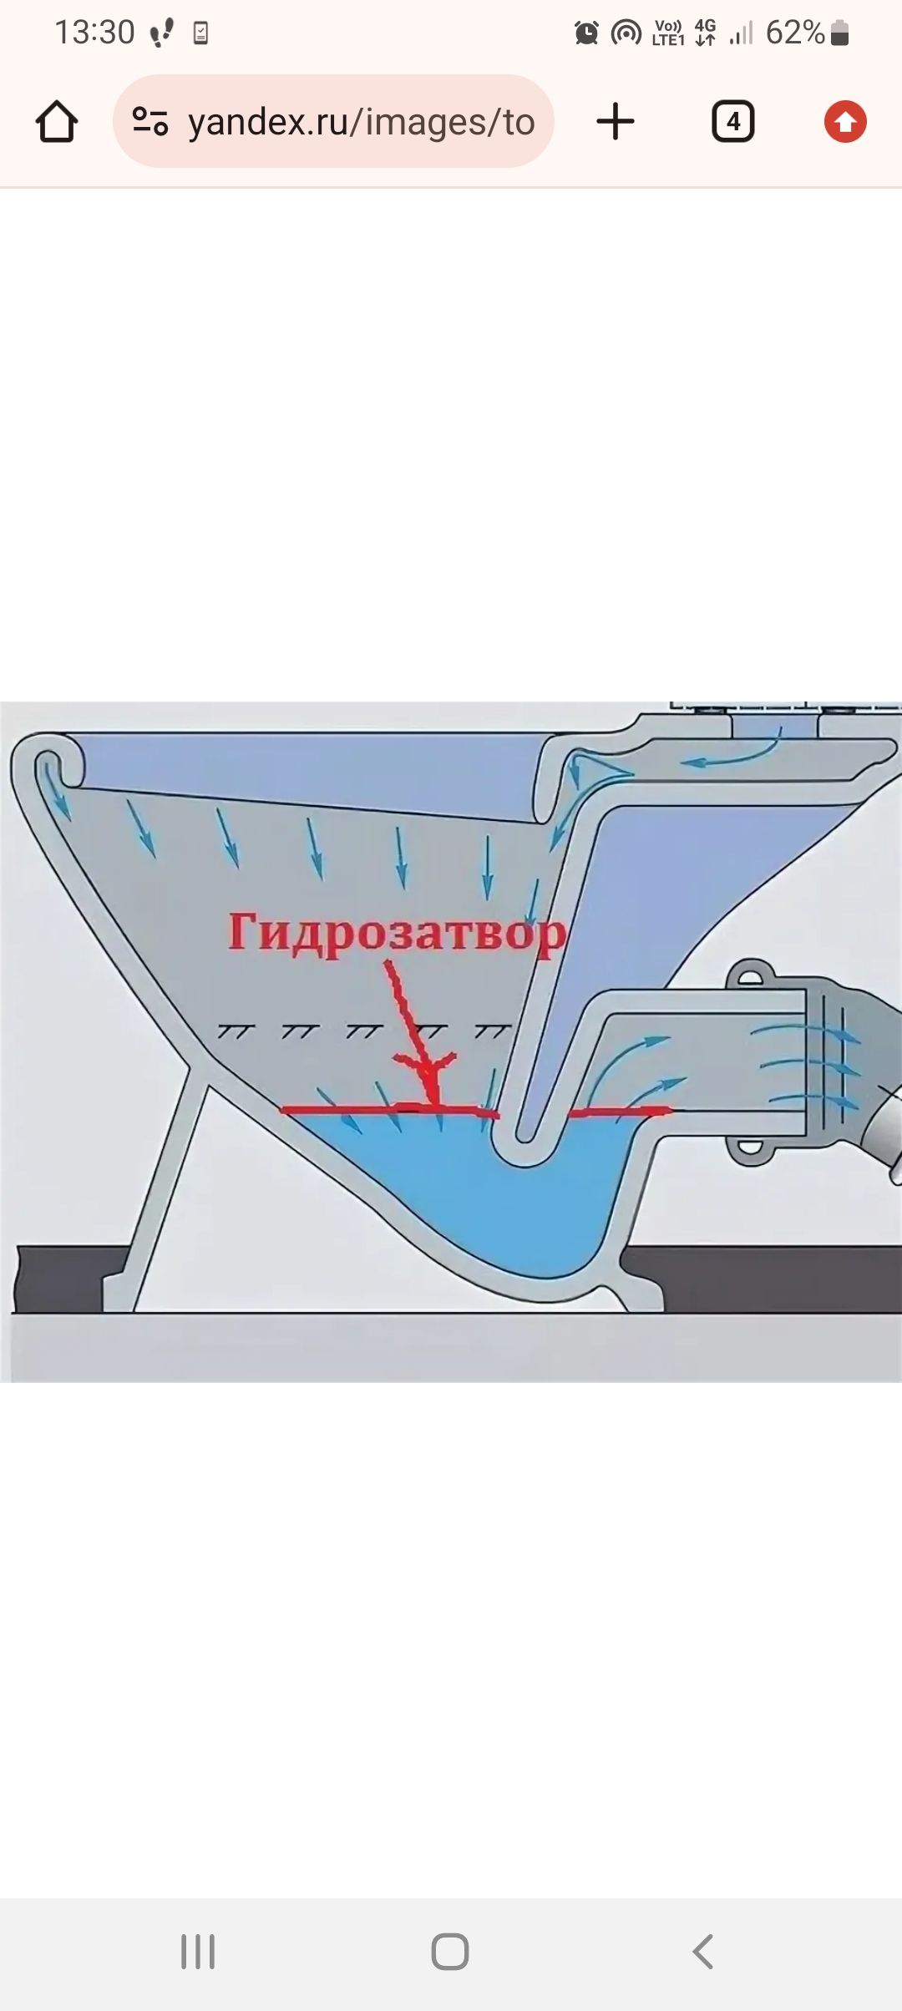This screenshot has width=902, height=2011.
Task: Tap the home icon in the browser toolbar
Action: click(x=57, y=122)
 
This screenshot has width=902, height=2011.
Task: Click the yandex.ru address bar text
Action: click(x=361, y=122)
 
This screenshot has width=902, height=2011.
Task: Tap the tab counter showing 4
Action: click(x=733, y=122)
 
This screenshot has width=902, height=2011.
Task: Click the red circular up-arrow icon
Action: click(x=845, y=122)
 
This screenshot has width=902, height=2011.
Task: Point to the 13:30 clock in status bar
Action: click(x=94, y=33)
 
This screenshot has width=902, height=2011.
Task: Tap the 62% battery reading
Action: click(x=795, y=33)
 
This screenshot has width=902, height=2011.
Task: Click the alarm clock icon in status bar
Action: click(x=587, y=33)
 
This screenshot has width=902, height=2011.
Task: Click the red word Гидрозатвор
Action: click(x=398, y=933)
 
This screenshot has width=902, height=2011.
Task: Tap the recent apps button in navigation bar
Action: click(x=198, y=1952)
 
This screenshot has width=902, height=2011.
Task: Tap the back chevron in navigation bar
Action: click(x=702, y=1952)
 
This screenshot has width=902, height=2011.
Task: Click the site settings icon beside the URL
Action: click(x=150, y=122)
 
